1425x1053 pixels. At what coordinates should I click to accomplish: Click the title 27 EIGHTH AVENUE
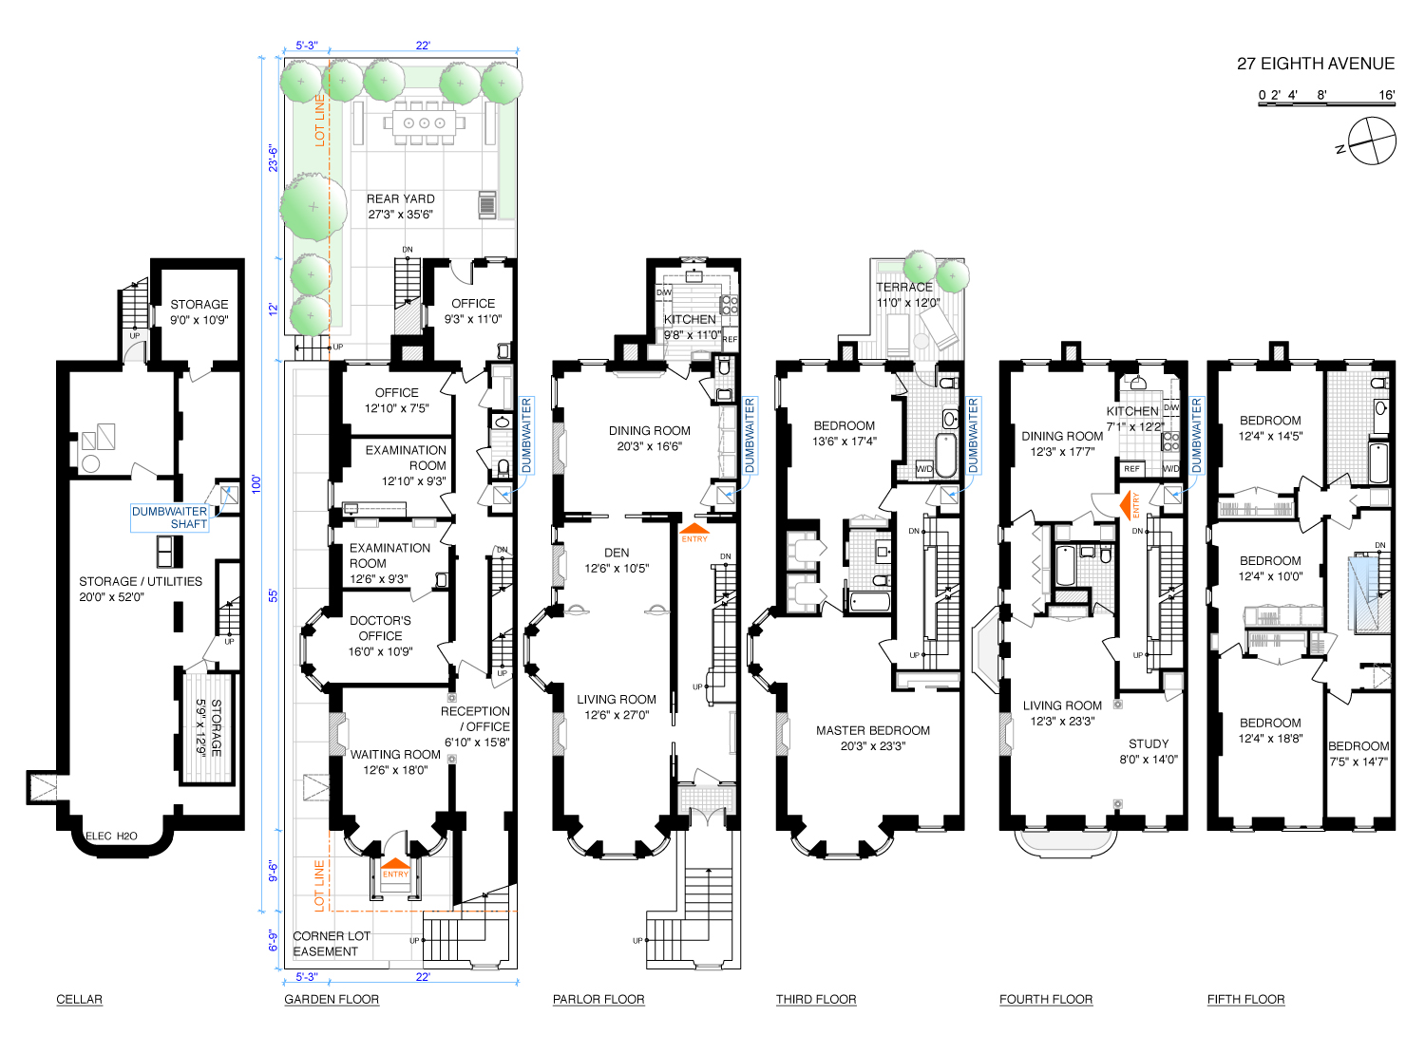tap(1315, 64)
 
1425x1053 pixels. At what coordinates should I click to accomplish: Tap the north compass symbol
tap(1371, 141)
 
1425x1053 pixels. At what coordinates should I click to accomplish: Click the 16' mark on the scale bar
tap(1387, 95)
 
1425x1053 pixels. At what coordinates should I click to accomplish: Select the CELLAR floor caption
tap(79, 999)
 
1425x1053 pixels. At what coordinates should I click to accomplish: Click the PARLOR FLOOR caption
tap(598, 999)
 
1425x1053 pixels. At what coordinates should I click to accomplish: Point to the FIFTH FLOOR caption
tap(1245, 999)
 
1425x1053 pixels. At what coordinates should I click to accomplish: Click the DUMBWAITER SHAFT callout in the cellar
tap(169, 517)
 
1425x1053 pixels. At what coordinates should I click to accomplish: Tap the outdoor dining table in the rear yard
tap(424, 122)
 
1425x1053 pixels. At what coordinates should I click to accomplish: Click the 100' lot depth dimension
tap(256, 483)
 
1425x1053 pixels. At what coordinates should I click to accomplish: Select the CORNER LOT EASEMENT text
tap(332, 943)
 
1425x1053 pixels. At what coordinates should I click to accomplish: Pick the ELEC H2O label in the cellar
tap(111, 836)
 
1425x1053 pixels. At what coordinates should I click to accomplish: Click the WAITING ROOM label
tap(395, 762)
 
